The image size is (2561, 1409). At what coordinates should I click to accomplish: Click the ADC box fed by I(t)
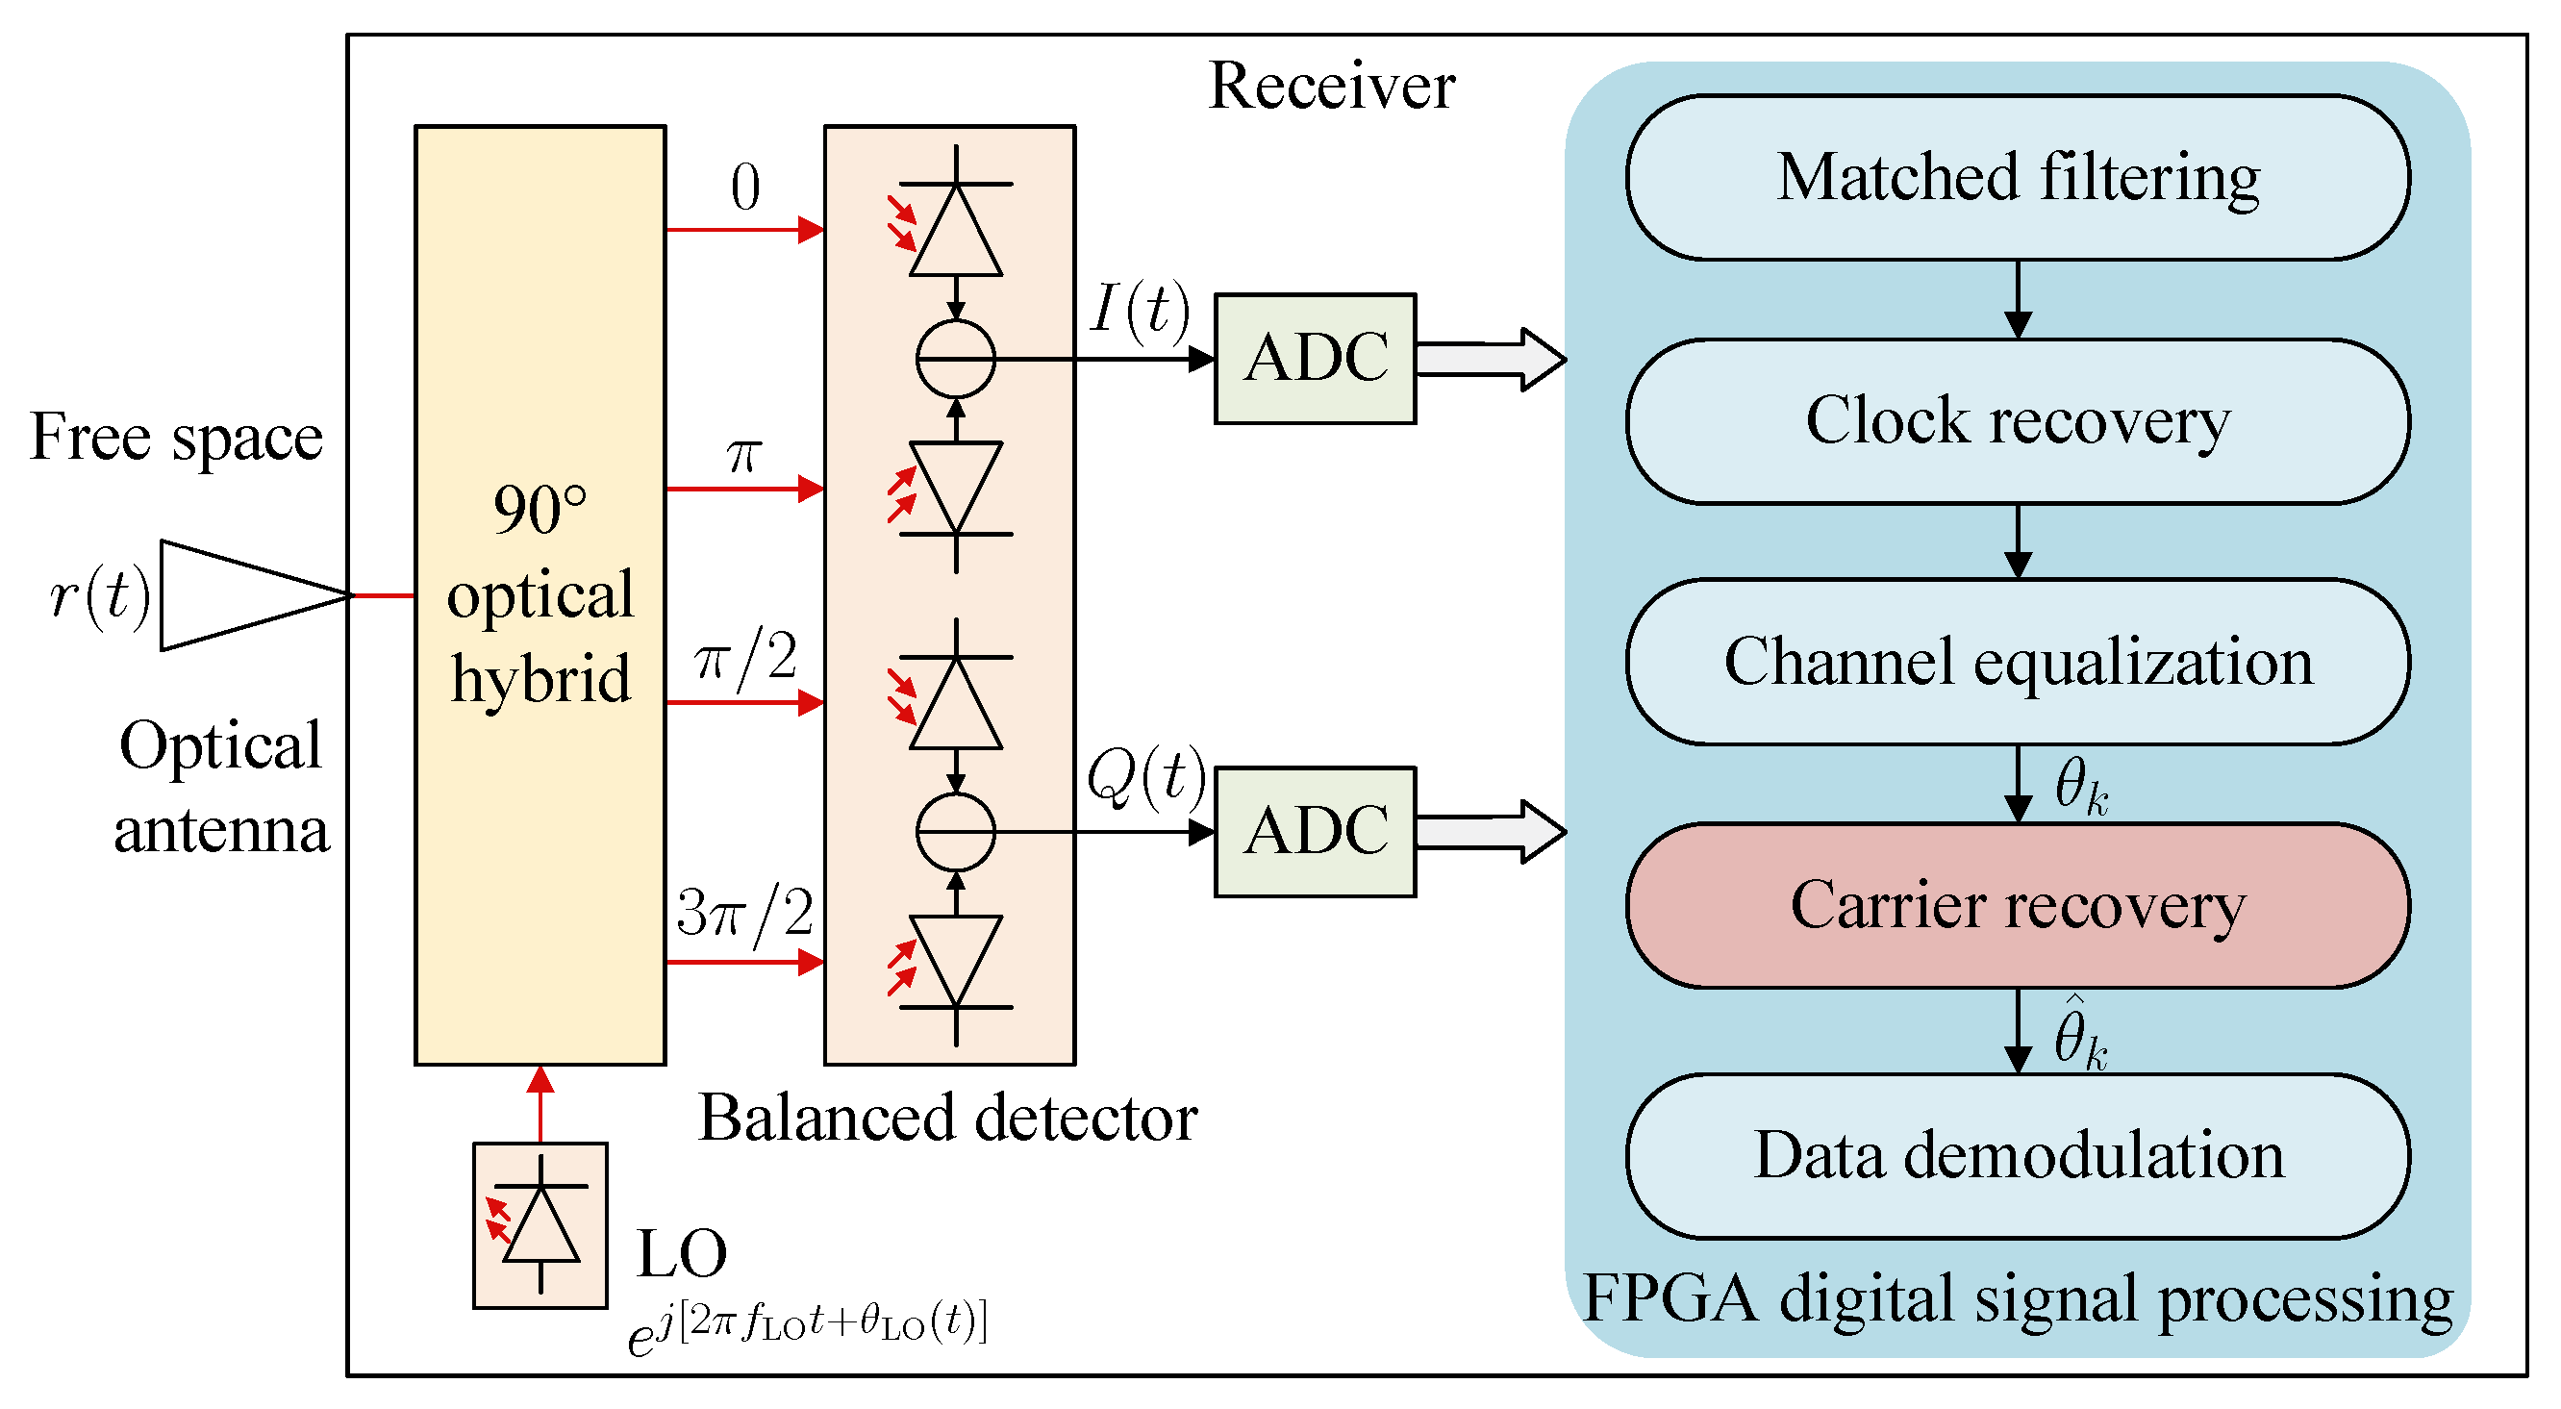click(1315, 358)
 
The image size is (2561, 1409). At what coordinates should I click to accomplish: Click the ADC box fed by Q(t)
click(1315, 831)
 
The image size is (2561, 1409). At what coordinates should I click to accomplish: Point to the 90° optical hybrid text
click(540, 594)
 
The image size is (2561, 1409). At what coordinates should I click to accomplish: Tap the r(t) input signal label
click(99, 595)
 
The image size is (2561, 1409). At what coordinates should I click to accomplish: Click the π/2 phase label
click(745, 658)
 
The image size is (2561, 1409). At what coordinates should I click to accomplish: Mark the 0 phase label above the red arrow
click(744, 187)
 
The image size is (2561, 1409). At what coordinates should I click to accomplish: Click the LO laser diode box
click(540, 1225)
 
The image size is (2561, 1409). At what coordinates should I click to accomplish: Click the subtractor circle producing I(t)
click(955, 358)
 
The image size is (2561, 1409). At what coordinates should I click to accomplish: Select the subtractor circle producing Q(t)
click(955, 831)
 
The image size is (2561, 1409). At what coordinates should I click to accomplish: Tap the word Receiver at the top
click(1331, 86)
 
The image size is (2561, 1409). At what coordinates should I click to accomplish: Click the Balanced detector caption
click(947, 1118)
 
